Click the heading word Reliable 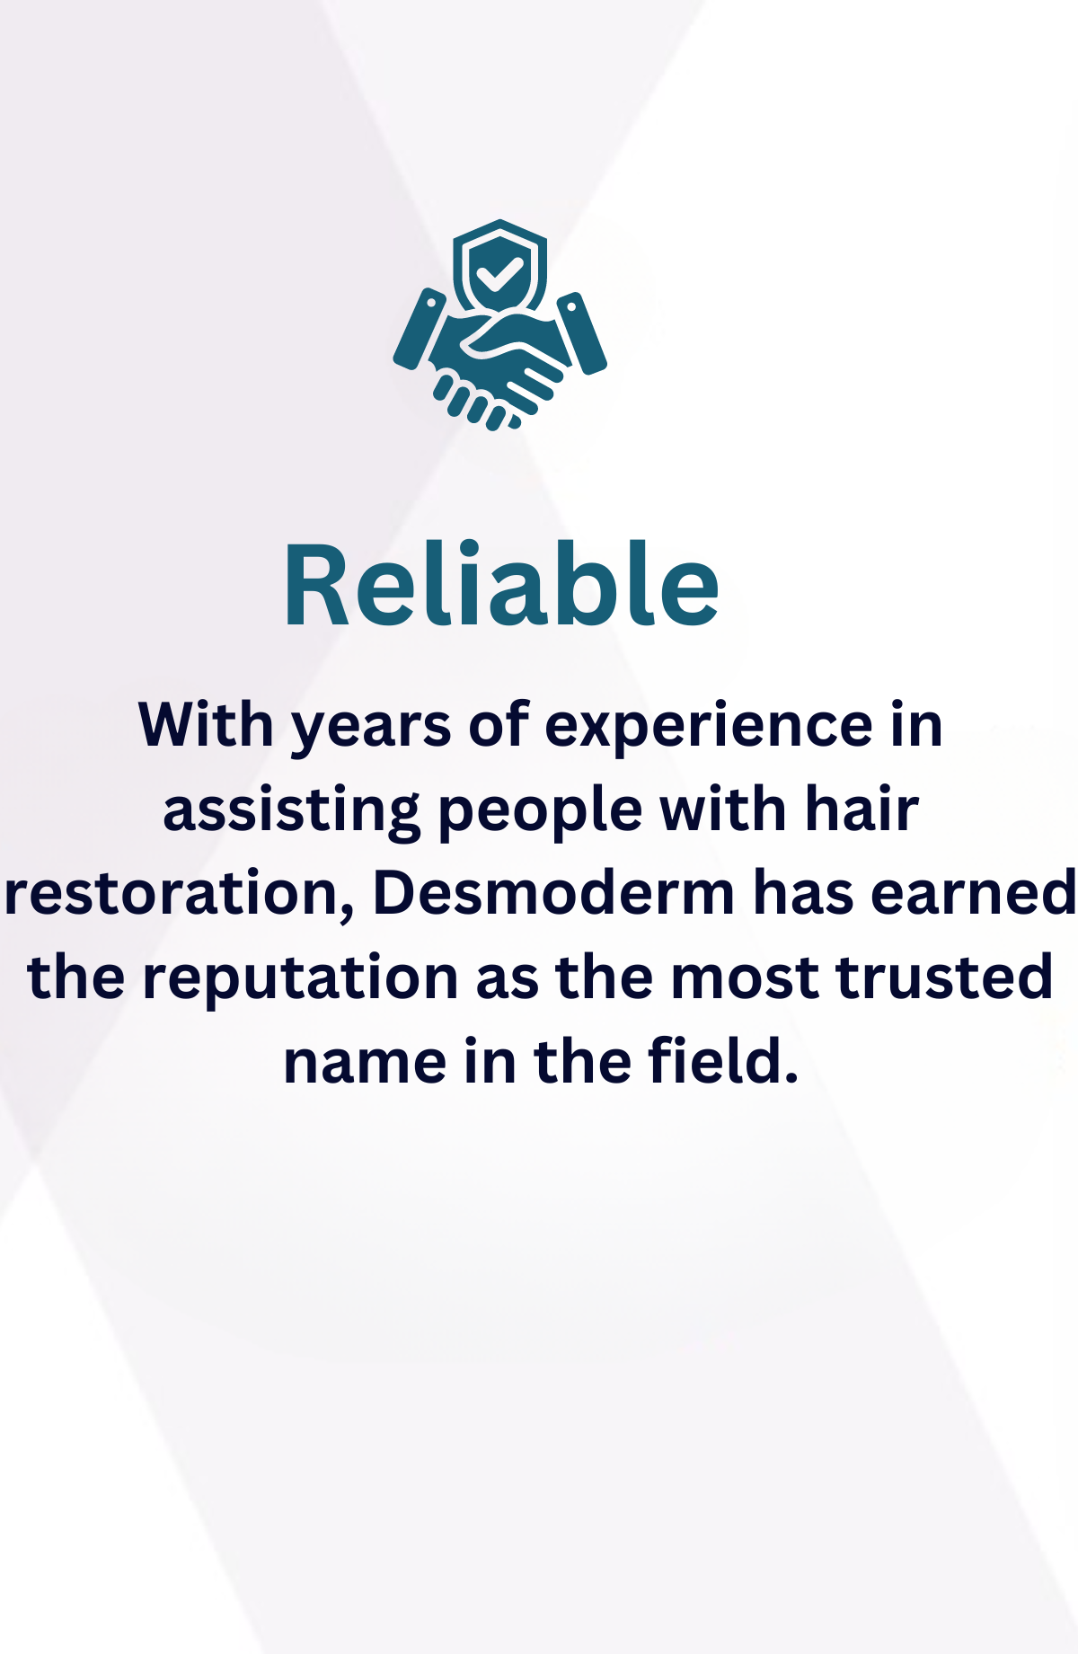coord(501,585)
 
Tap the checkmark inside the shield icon coord(499,272)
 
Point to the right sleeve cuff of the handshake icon coord(582,332)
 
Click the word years coord(371,726)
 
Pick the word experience coord(709,726)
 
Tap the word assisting coord(290,810)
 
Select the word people coord(540,810)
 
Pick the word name coord(365,1063)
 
